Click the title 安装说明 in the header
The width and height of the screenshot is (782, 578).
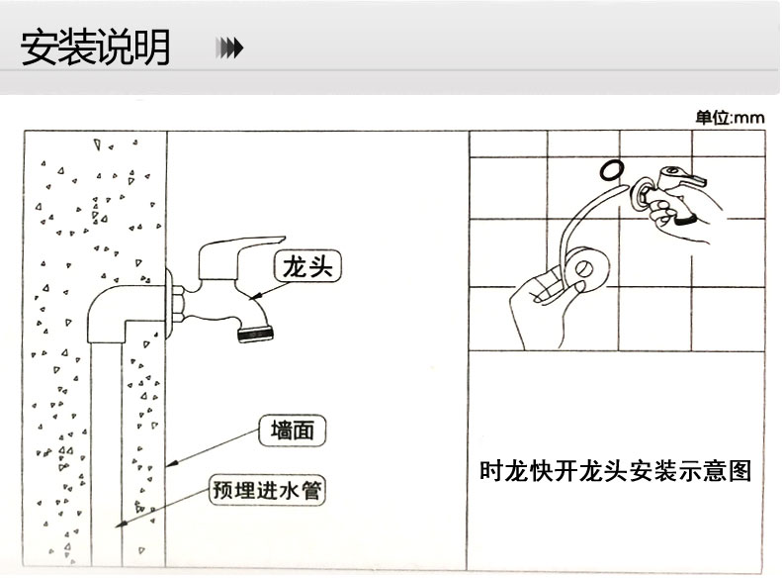96,47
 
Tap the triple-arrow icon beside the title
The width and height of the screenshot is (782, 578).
229,48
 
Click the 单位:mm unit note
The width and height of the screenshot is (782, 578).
730,118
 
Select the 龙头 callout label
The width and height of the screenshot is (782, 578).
307,266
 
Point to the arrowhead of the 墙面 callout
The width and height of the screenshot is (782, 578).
169,464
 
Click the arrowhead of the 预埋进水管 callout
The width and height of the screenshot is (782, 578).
120,525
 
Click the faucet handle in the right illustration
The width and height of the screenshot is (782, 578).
688,179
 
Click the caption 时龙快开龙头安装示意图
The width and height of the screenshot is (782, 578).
615,471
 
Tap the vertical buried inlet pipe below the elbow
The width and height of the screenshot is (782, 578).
106,445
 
